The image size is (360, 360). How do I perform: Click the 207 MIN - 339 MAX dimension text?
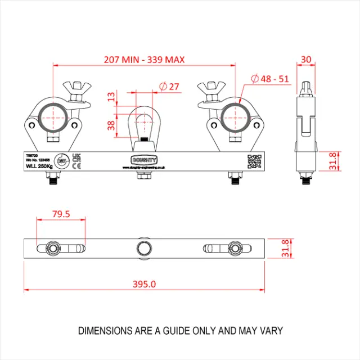(x=145, y=58)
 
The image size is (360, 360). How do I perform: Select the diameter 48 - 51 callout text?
(x=270, y=79)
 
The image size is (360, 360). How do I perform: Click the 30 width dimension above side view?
(x=306, y=59)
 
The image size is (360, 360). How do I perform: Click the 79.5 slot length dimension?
(x=61, y=214)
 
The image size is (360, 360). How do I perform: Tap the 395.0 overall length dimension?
(x=145, y=285)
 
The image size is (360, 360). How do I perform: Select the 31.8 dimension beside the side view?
(x=333, y=161)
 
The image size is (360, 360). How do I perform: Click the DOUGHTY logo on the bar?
(x=144, y=160)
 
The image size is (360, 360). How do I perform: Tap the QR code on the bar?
(x=255, y=161)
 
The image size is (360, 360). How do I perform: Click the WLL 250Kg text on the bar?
(x=40, y=165)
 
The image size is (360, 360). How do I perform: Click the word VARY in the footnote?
(x=270, y=330)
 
